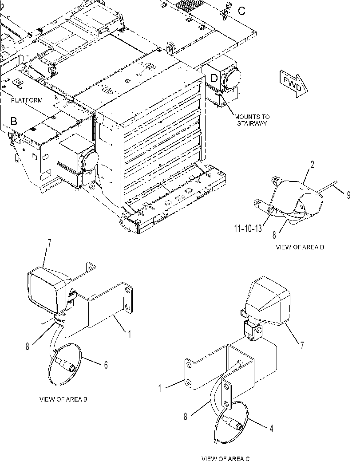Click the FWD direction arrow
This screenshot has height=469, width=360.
tap(293, 84)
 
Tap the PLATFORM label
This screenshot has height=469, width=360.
tap(27, 100)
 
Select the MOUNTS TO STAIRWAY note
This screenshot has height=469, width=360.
tap(252, 120)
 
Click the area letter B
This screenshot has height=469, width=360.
tap(14, 121)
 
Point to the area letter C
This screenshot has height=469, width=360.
tap(241, 11)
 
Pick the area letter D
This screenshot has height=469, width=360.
tap(214, 79)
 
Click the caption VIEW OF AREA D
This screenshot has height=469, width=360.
tap(300, 247)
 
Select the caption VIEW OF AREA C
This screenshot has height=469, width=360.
tap(225, 458)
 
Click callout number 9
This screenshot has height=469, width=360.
tap(348, 195)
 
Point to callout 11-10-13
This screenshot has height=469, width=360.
tap(248, 229)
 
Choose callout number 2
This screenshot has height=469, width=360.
tap(312, 165)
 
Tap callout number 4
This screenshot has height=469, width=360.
tap(271, 429)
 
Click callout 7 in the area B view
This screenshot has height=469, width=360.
tap(49, 243)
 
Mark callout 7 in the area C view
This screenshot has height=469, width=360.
tap(302, 346)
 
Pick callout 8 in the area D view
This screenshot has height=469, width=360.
tap(274, 235)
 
